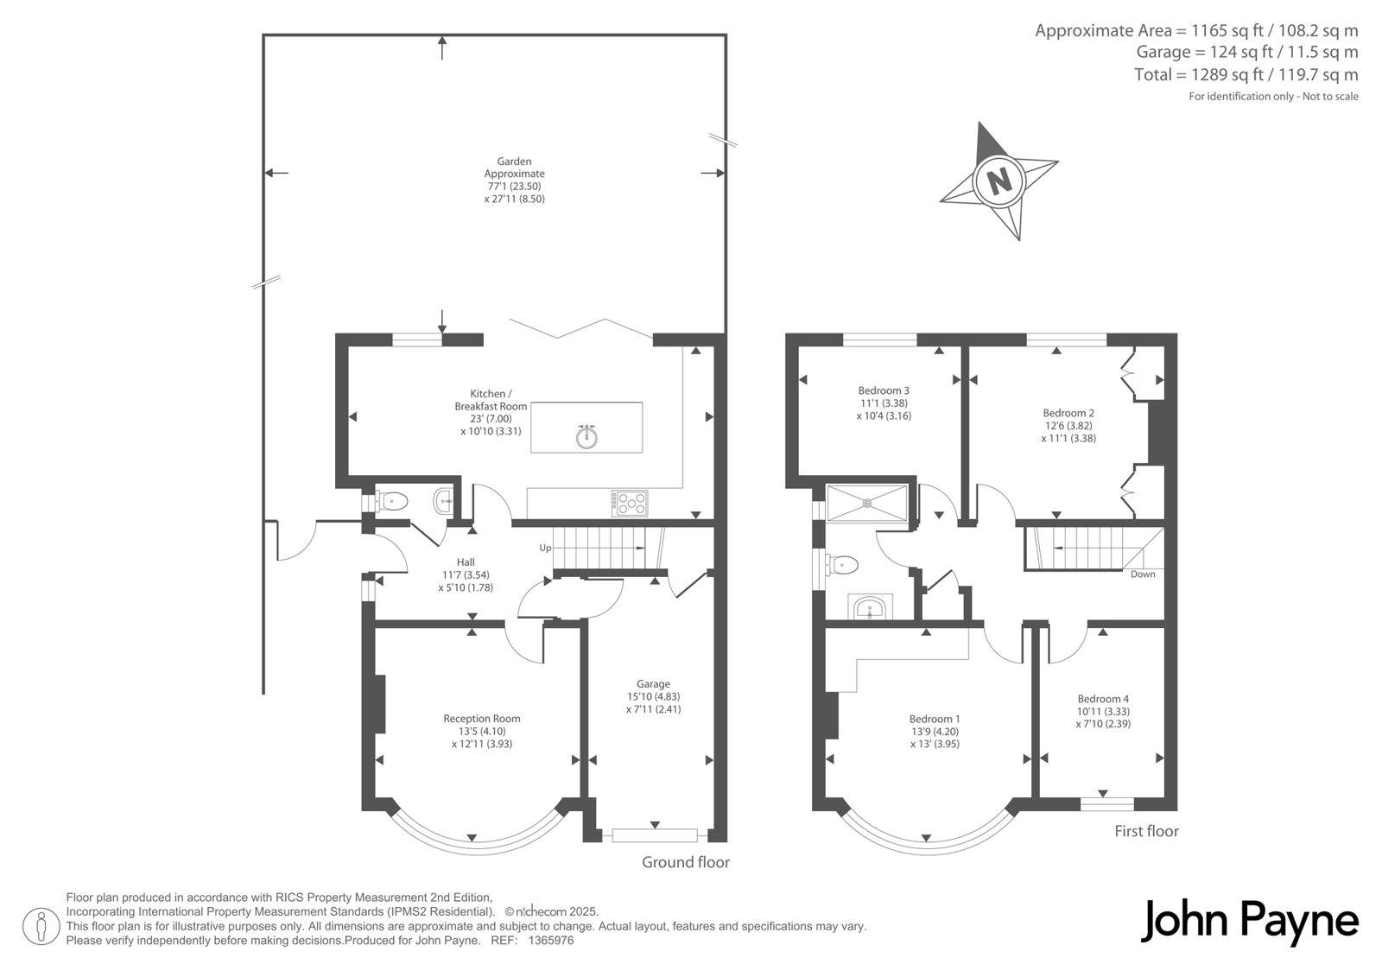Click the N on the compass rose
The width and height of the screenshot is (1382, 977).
click(999, 181)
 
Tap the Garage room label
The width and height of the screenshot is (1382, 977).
click(653, 684)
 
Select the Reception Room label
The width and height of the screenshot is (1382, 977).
click(482, 719)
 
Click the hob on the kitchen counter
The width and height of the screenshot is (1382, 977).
click(630, 503)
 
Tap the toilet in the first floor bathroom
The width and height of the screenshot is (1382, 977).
click(841, 564)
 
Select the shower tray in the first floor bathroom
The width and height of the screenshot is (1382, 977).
click(867, 503)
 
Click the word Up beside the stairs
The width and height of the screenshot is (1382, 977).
click(545, 548)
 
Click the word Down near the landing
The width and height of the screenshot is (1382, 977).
click(1143, 574)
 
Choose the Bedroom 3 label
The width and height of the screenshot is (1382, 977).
click(884, 390)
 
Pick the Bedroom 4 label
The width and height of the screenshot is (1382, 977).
click(1103, 699)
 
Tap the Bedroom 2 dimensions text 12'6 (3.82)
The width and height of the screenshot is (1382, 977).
click(1068, 426)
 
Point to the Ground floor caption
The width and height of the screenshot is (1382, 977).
click(686, 862)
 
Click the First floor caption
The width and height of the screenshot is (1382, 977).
click(1146, 831)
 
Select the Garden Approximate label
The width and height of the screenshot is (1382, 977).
click(515, 168)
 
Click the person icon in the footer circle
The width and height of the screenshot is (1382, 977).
click(41, 927)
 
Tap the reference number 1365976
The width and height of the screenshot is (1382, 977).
click(551, 941)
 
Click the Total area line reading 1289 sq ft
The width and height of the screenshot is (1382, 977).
click(1246, 74)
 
